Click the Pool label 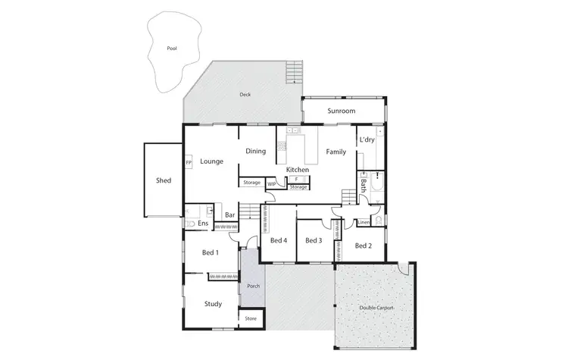(172, 48)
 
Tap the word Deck (245, 95)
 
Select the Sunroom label (341, 111)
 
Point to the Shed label (164, 180)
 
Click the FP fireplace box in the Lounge (188, 163)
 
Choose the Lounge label (211, 161)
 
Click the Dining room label (255, 151)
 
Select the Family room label (335, 152)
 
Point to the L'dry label (367, 140)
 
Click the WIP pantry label (271, 183)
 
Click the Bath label (364, 183)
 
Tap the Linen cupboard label (364, 223)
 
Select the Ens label (203, 224)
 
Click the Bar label (229, 215)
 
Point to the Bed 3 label (314, 241)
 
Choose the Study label (213, 304)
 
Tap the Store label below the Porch (251, 318)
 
